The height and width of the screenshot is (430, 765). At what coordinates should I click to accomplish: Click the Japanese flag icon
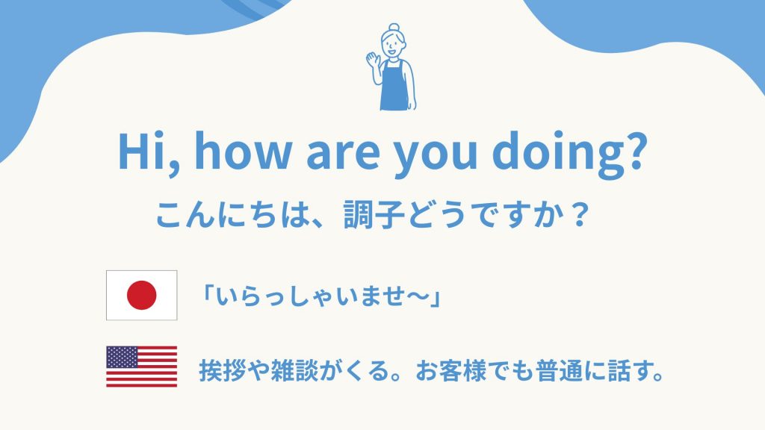(x=141, y=295)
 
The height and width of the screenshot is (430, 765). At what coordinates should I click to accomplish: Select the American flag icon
(x=141, y=367)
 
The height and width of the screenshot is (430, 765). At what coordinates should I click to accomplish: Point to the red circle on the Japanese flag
(x=141, y=295)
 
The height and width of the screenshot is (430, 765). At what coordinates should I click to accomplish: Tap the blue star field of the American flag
(x=122, y=357)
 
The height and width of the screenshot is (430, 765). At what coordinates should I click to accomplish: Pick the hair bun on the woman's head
(x=394, y=28)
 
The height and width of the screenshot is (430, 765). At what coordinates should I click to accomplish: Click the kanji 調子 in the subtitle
(x=374, y=214)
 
